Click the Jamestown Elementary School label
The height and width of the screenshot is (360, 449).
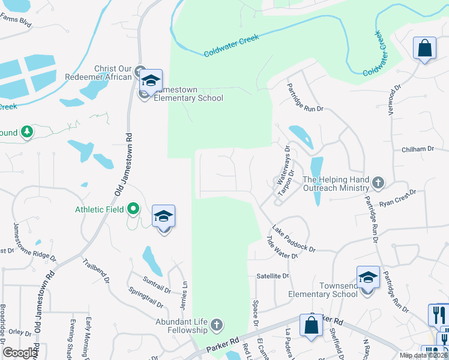pyautogui.click(x=188, y=94)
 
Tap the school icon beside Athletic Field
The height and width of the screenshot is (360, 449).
pyautogui.click(x=163, y=217)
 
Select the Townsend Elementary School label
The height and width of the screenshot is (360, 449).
pyautogui.click(x=323, y=290)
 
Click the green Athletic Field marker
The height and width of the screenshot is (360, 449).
pyautogui.click(x=133, y=209)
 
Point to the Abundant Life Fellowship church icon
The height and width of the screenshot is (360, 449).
pyautogui.click(x=217, y=326)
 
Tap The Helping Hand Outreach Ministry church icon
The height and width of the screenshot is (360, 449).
pyautogui.click(x=378, y=181)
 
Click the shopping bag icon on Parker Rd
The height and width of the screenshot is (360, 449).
pyautogui.click(x=311, y=326)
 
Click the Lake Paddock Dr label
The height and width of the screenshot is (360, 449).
pyautogui.click(x=293, y=238)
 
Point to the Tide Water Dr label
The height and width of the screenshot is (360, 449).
pyautogui.click(x=282, y=247)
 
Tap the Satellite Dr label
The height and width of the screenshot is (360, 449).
pyautogui.click(x=273, y=276)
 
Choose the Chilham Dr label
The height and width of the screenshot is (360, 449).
pyautogui.click(x=417, y=149)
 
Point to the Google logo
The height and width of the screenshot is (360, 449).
pyautogui.click(x=20, y=353)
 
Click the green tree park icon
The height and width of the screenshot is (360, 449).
pyautogui.click(x=26, y=132)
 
